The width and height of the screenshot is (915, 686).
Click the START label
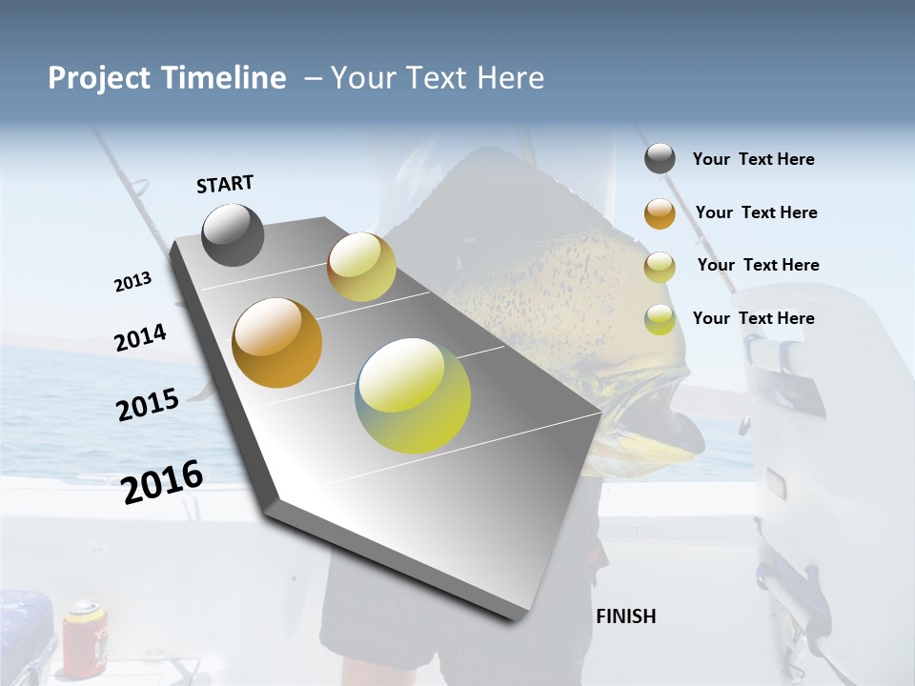pyautogui.click(x=225, y=184)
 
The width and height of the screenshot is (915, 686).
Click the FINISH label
pyautogui.click(x=626, y=616)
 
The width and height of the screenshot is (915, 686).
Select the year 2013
pyautogui.click(x=132, y=282)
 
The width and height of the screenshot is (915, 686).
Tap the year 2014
pyautogui.click(x=140, y=338)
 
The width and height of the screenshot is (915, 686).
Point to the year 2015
pyautogui.click(x=148, y=405)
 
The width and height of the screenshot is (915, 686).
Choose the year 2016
pyautogui.click(x=163, y=481)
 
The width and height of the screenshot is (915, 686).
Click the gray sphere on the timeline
pyautogui.click(x=233, y=234)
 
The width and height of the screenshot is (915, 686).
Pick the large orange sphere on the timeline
pyautogui.click(x=277, y=343)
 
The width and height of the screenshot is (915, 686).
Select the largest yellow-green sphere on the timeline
pyautogui.click(x=413, y=395)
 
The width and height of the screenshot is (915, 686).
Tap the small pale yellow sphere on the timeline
pyautogui.click(x=361, y=267)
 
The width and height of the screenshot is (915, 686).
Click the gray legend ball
pyautogui.click(x=660, y=159)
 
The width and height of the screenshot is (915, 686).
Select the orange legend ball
pyautogui.click(x=660, y=213)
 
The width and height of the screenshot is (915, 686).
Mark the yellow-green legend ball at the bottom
pyautogui.click(x=660, y=319)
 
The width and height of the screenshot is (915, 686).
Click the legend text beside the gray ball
pyautogui.click(x=753, y=159)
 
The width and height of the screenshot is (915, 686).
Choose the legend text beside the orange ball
pyautogui.click(x=756, y=212)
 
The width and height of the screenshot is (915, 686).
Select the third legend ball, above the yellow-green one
pyautogui.click(x=660, y=267)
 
